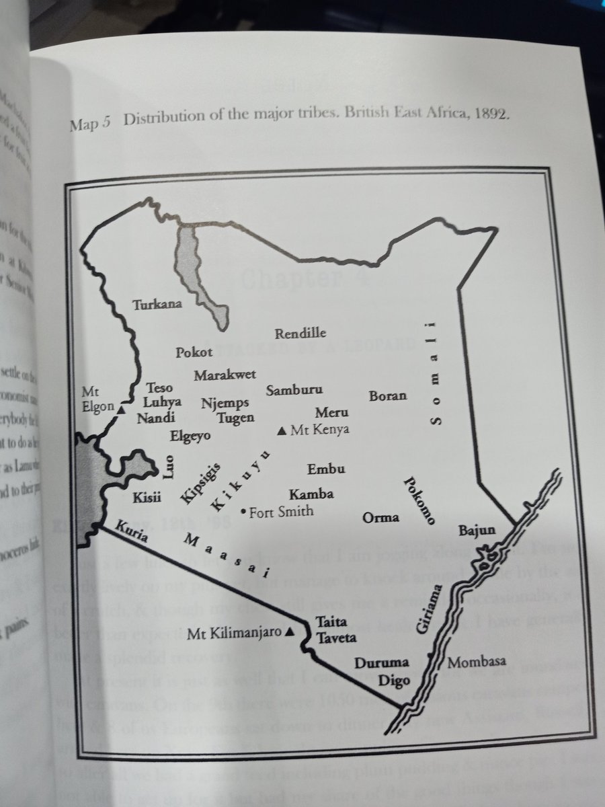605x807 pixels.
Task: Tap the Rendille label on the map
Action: [x=300, y=334]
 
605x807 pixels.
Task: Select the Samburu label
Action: [x=294, y=390]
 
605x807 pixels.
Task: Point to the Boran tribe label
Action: [x=388, y=395]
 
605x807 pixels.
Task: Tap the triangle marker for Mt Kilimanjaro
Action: [x=289, y=632]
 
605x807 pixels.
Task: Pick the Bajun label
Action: [x=477, y=530]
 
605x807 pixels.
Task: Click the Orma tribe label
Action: [x=380, y=518]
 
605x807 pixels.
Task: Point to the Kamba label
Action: [x=311, y=494]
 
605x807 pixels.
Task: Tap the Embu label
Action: [x=326, y=469]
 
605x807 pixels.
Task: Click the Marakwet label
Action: [x=225, y=375]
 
